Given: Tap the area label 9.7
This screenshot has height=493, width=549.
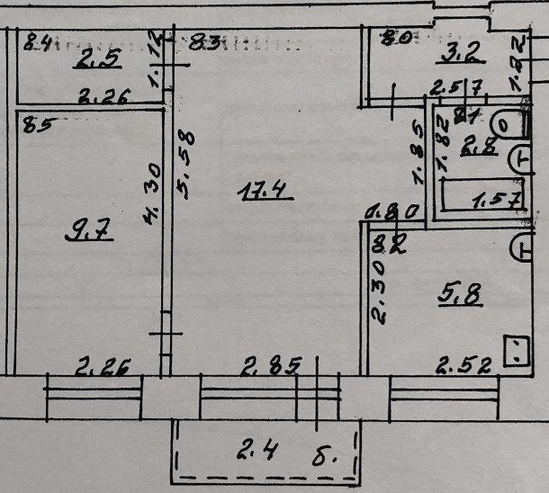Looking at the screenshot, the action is click(88, 233).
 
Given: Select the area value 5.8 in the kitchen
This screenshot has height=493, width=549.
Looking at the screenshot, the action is click(460, 292).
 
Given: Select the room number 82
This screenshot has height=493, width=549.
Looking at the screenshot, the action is click(386, 241).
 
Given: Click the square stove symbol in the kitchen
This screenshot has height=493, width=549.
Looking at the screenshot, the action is click(517, 351).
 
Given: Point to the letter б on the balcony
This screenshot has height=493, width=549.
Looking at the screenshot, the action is click(329, 453).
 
